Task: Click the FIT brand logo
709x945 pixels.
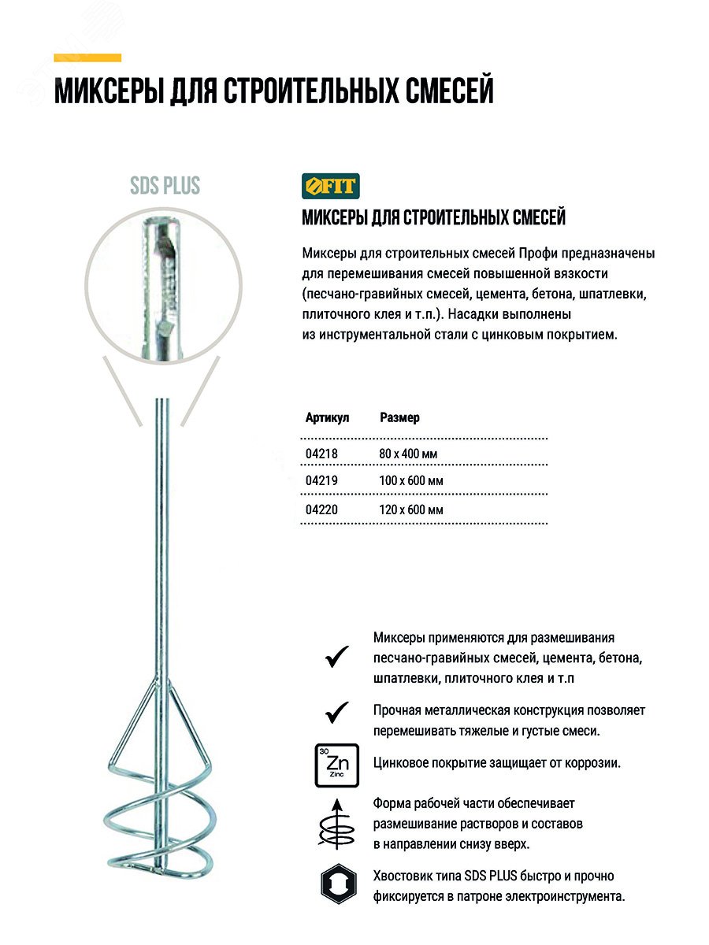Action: point(330,186)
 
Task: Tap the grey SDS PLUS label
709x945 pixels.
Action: point(165,186)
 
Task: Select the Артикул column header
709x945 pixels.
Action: point(326,417)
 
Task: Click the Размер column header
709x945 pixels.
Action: point(399,417)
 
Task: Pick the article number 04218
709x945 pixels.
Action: point(321,454)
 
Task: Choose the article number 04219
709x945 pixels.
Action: point(321,481)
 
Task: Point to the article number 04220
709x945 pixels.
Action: point(321,510)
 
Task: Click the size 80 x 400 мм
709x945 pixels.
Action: point(407,454)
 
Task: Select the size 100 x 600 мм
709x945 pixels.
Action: point(410,481)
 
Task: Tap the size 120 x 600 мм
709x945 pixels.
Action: point(410,510)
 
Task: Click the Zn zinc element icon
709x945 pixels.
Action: point(336,764)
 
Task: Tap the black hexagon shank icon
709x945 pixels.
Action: point(336,885)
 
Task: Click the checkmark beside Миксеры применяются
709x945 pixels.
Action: point(336,656)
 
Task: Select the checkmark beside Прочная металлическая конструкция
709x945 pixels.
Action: point(336,713)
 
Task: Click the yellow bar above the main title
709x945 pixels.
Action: point(87,57)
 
